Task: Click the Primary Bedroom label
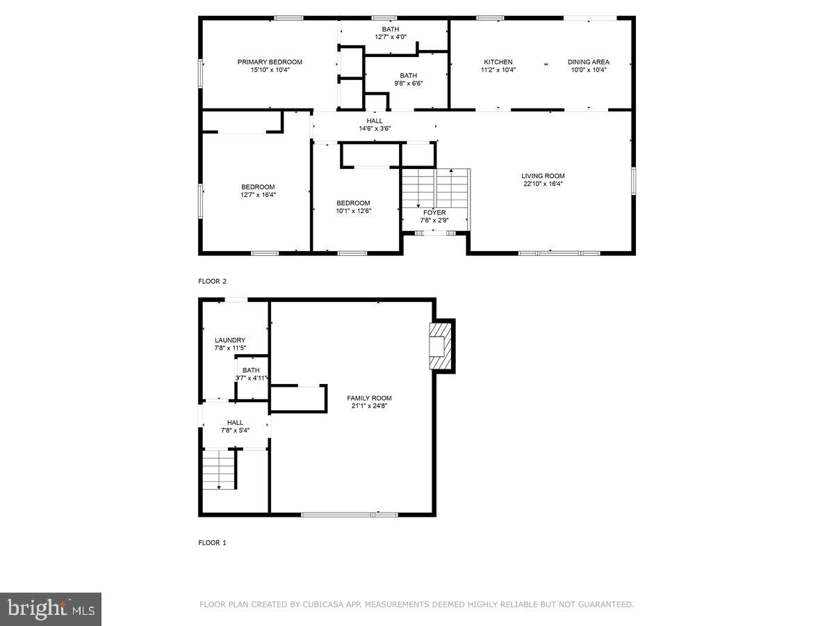click(270, 62)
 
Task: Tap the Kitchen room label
click(498, 62)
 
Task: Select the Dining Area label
click(589, 62)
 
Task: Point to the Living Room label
click(543, 176)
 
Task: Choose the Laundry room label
click(230, 340)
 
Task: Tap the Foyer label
click(434, 213)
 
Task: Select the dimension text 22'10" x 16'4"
click(543, 184)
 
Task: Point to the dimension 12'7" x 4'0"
click(390, 37)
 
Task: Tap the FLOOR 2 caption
click(213, 282)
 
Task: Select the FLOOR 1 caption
click(213, 543)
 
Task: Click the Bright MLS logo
click(51, 609)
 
